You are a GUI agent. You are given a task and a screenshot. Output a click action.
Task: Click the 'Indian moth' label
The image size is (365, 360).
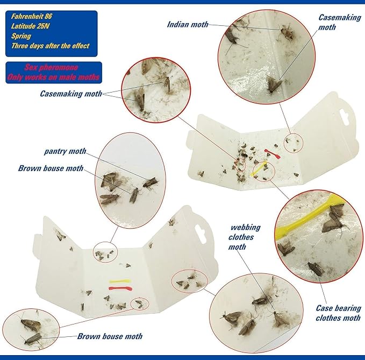click(x=188, y=24)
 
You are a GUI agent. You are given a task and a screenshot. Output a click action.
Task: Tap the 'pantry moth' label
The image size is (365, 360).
click(x=65, y=151)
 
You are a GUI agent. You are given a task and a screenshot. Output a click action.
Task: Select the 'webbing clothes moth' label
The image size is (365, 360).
click(x=245, y=237)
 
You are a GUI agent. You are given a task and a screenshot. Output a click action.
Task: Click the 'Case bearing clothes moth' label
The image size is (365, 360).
click(x=338, y=313)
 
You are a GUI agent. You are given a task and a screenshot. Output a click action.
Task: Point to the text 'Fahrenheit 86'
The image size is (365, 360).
click(x=31, y=16)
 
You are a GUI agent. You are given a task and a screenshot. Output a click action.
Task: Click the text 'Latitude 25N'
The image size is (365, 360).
click(x=30, y=26)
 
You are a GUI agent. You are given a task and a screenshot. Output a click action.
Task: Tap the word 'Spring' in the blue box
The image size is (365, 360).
click(x=21, y=36)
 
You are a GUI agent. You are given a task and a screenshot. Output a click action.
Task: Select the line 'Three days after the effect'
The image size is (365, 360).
click(x=51, y=46)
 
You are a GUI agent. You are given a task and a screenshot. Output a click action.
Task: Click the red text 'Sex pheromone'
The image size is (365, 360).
click(x=51, y=67)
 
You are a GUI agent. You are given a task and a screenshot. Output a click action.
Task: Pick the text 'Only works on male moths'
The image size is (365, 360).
click(x=53, y=77)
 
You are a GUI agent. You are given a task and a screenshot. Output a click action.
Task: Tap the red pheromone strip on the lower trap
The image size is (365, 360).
click(x=120, y=288)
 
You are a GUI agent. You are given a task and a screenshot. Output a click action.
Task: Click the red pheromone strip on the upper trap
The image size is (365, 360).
click(x=272, y=154)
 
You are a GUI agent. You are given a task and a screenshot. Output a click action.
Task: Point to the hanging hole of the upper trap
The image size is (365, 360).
click(x=345, y=115)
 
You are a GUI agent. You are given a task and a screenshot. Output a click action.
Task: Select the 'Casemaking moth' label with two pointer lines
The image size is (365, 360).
click(x=71, y=94)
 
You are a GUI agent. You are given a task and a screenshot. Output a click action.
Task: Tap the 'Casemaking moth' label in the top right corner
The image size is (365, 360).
click(x=339, y=22)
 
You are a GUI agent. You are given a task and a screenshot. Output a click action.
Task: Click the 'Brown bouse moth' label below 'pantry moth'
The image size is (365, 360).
click(x=51, y=168)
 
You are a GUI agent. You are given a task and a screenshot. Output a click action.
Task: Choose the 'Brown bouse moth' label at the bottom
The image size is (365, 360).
click(x=110, y=336)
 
